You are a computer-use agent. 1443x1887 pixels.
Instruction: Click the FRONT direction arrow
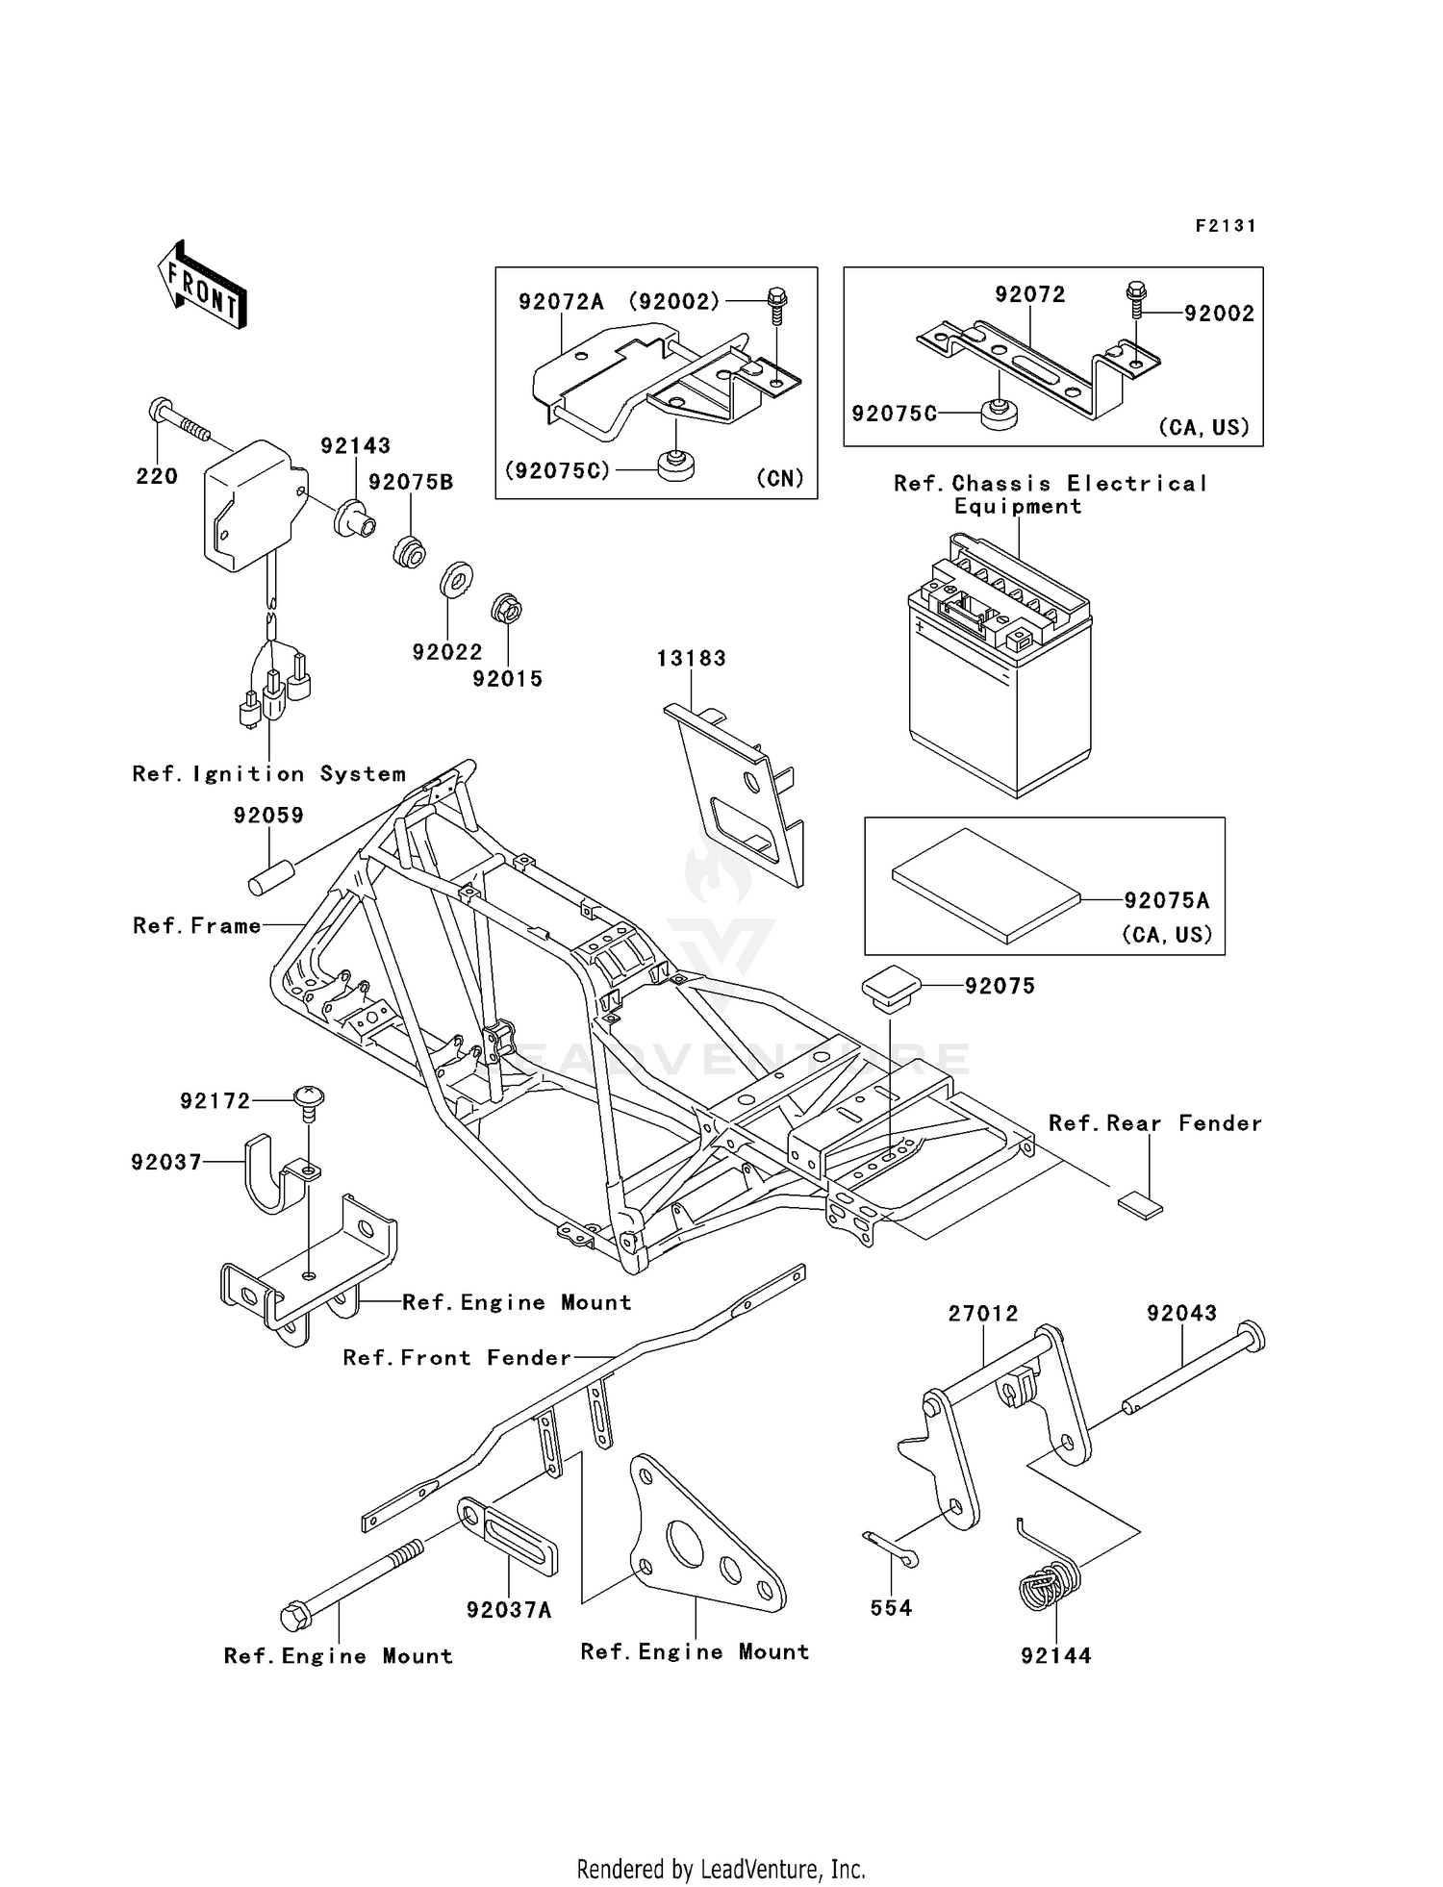[x=202, y=286]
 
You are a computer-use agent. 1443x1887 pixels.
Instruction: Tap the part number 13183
[x=691, y=659]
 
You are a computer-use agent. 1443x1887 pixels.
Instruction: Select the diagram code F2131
[x=1226, y=226]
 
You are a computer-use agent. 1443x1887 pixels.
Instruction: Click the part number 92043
[x=1181, y=1313]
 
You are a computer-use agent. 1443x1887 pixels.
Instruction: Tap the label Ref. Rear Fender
[x=1154, y=1123]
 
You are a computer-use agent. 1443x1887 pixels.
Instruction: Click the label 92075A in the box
[x=1166, y=900]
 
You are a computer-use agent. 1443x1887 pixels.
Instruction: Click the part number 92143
[x=355, y=446]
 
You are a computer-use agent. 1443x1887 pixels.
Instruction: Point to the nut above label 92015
[x=506, y=609]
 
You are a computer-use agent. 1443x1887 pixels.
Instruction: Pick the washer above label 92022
[x=456, y=580]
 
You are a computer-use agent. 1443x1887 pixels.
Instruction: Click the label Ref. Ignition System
[x=268, y=774]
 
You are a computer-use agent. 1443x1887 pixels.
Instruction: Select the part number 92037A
[x=509, y=1610]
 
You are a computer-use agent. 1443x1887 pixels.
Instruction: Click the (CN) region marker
[x=779, y=478]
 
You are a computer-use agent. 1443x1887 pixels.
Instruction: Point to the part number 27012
[x=982, y=1313]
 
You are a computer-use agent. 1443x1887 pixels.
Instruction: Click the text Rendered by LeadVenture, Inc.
[x=721, y=1869]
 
